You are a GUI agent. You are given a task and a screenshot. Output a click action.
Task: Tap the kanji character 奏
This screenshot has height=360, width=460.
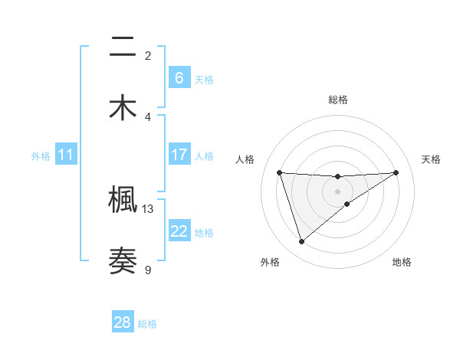click(x=123, y=260)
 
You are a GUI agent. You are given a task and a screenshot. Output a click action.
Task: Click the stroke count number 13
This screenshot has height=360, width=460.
click(x=148, y=208)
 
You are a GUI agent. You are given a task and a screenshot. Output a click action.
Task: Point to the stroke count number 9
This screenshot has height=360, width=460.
click(x=148, y=269)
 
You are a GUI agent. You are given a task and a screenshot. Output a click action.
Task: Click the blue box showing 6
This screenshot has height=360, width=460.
click(x=179, y=77)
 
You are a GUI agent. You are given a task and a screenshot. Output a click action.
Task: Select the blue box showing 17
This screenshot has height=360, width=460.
click(x=179, y=155)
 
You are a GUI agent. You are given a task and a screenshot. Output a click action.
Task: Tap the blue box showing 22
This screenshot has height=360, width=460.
click(x=179, y=232)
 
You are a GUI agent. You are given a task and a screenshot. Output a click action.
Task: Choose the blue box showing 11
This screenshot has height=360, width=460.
click(x=66, y=155)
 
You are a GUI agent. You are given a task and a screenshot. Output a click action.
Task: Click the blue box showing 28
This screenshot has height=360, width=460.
click(x=123, y=322)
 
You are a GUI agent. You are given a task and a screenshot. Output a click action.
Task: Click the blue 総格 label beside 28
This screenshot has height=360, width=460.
click(x=147, y=324)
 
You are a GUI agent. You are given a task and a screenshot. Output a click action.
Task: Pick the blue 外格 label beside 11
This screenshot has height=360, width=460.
click(x=41, y=156)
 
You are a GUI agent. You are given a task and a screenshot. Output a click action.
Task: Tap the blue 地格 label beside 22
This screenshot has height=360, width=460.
click(x=204, y=233)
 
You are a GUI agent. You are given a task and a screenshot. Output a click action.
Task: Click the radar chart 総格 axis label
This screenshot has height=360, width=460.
click(x=337, y=100)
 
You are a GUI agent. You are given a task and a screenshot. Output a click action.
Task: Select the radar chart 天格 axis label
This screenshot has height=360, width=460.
click(x=431, y=159)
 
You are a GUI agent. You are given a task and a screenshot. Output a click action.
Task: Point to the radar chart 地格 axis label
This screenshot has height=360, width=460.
click(x=402, y=262)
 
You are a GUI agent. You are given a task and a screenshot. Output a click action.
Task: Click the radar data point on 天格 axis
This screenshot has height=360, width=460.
click(x=396, y=172)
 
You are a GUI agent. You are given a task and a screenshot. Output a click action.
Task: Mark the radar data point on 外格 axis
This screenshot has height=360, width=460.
click(x=301, y=242)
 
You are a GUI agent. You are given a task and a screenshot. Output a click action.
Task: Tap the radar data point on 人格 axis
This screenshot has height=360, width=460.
click(x=280, y=172)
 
